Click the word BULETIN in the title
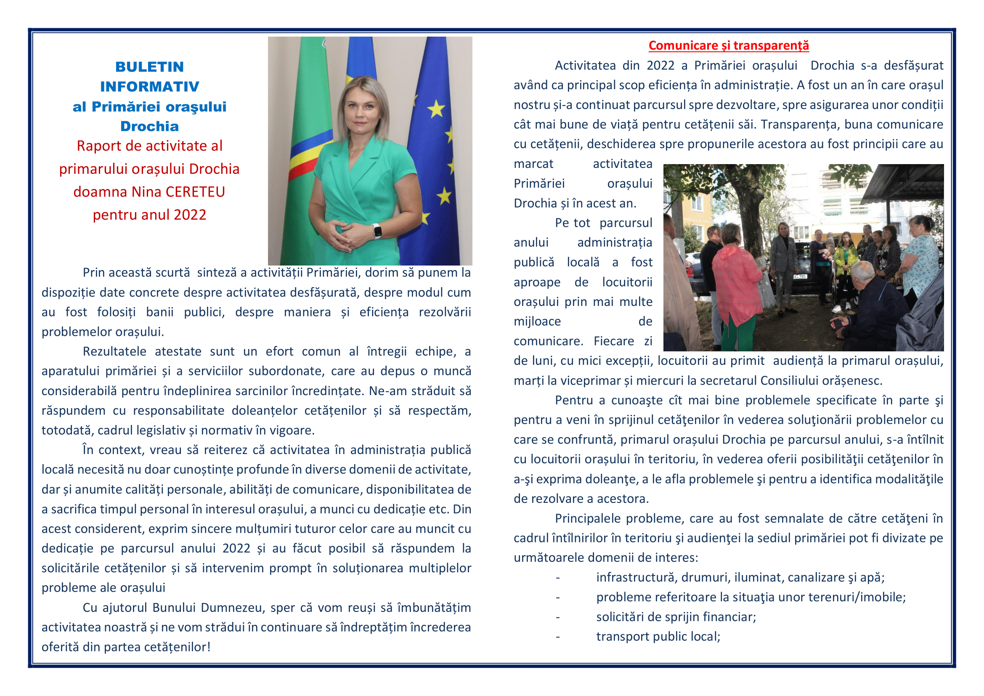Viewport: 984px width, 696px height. click(x=149, y=67)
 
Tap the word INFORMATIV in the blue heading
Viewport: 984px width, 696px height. click(x=149, y=87)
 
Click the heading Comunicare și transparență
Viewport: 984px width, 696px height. click(x=728, y=45)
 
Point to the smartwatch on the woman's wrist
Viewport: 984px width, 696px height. click(x=377, y=231)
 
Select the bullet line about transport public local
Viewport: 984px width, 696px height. click(x=658, y=636)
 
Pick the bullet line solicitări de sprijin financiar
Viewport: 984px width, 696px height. click(x=676, y=617)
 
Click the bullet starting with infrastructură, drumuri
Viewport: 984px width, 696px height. click(x=740, y=577)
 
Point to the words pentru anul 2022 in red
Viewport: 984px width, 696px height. click(x=149, y=215)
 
